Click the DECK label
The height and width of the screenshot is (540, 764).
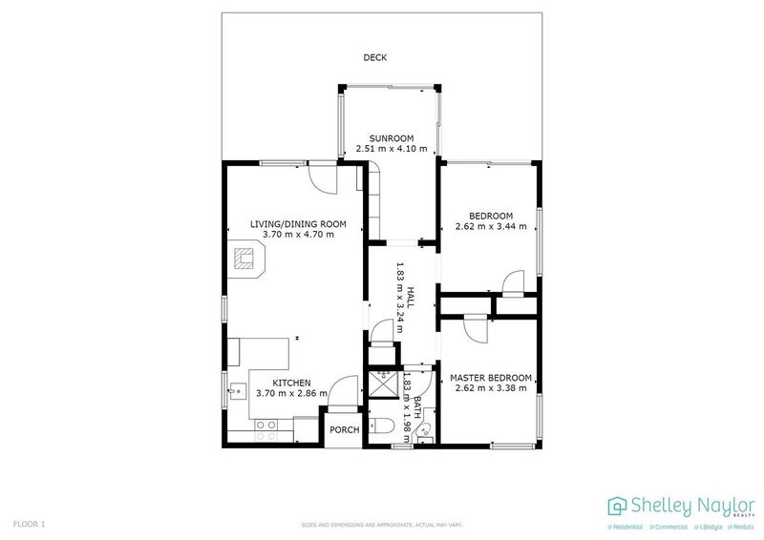pos(374,58)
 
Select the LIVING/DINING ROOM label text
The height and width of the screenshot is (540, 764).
pos(298,224)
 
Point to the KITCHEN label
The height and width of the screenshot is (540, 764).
pos(288,382)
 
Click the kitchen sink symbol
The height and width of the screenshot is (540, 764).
pos(234,388)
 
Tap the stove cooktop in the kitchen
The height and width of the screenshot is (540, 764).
pos(265,426)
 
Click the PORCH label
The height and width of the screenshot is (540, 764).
pos(344,429)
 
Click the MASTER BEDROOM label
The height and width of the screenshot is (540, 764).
pos(491,377)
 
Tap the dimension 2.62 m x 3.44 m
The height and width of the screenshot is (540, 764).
pos(491,227)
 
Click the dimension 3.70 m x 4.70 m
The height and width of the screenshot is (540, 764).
pos(298,235)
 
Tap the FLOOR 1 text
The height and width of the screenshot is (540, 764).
pos(30,524)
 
